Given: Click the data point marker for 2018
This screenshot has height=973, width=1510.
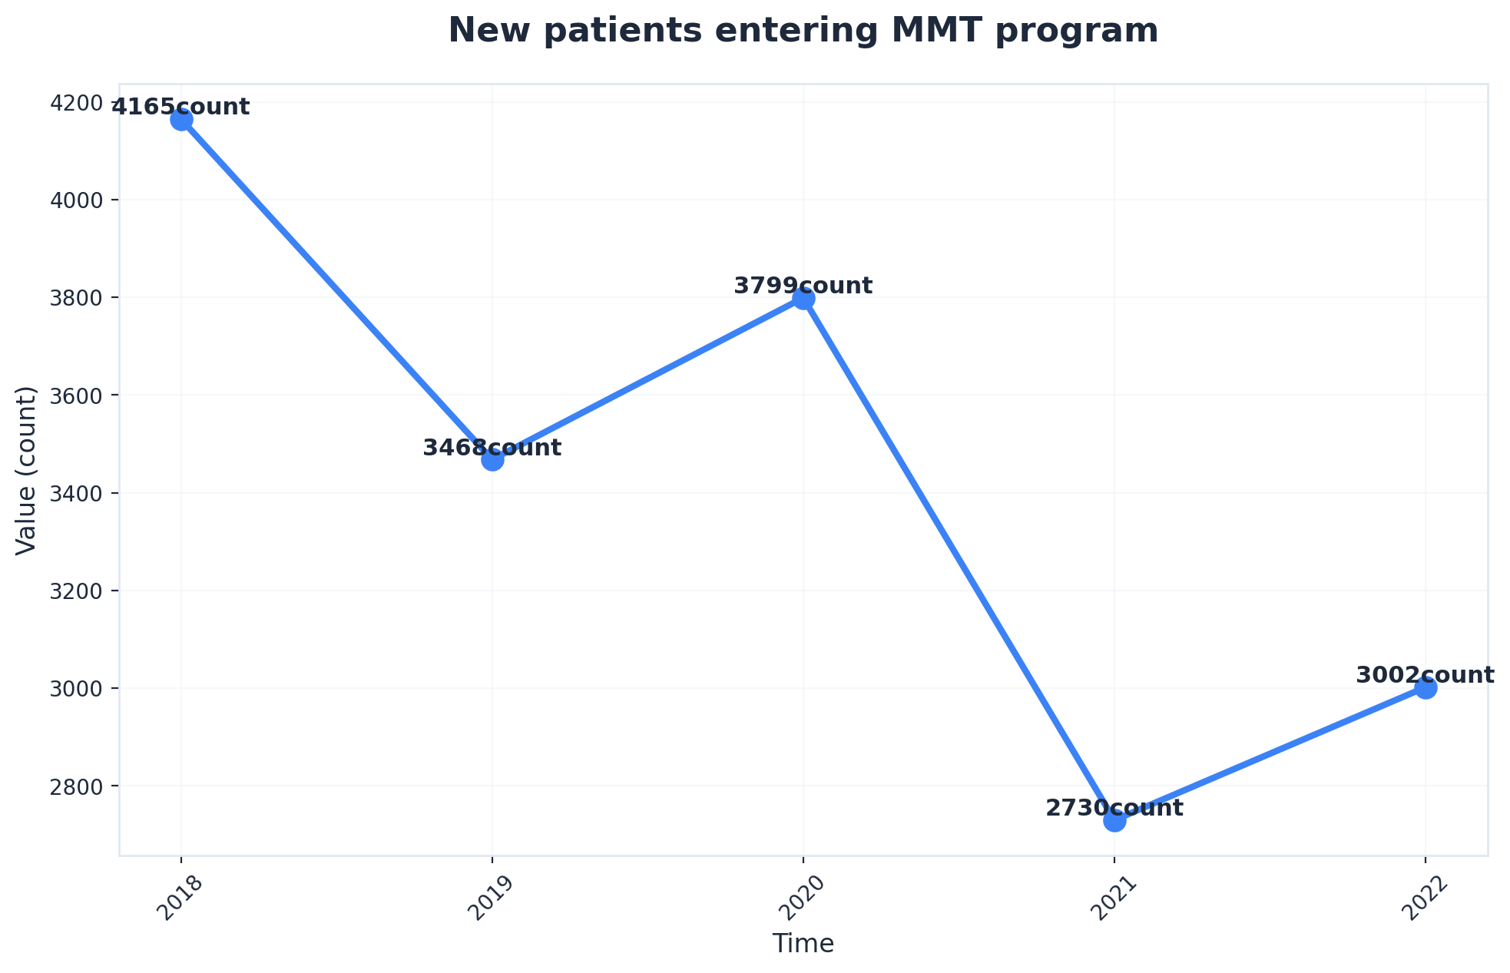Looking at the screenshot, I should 181,120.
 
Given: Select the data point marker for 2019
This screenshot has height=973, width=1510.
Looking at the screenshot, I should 492,460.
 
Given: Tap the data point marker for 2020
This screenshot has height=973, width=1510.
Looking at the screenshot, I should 803,299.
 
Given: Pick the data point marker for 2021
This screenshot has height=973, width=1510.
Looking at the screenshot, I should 1114,820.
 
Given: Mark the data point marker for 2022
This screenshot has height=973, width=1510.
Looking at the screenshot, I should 1426,688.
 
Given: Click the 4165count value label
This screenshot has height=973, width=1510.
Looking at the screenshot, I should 181,107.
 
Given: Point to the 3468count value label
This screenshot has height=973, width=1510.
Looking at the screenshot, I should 492,448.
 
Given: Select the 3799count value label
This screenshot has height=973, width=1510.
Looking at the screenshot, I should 803,286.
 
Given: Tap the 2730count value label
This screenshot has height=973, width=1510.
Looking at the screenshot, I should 1114,808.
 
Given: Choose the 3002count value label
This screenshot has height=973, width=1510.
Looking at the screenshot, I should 1426,676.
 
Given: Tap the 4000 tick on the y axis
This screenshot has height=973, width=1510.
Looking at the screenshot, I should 80,200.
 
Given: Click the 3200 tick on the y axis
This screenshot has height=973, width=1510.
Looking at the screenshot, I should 80,591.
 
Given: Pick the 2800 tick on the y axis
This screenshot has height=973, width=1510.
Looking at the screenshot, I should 80,786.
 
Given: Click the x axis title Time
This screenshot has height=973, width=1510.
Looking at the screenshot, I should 803,944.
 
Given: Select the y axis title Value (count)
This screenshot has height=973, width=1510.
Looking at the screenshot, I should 27,470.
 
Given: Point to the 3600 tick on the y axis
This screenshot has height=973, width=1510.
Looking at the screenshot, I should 80,395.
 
